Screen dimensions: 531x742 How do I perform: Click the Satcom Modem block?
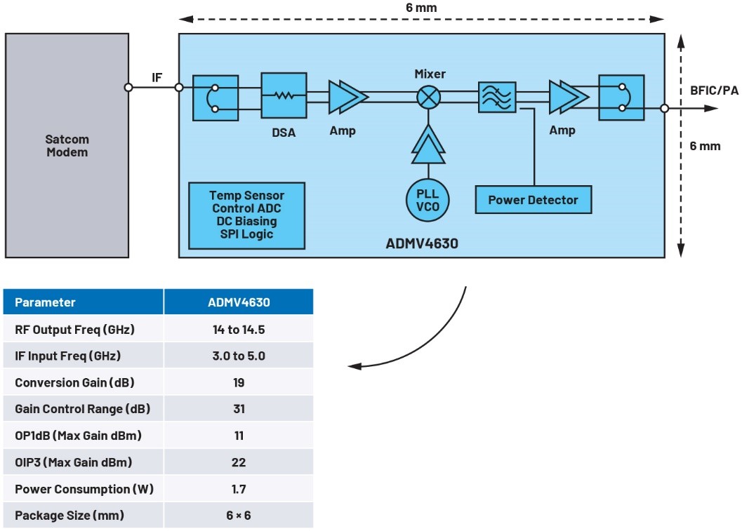click(x=67, y=145)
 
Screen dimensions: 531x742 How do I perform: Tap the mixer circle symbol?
click(x=428, y=97)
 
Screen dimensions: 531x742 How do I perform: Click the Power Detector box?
click(x=533, y=200)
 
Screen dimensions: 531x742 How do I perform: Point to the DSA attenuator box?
click(x=284, y=94)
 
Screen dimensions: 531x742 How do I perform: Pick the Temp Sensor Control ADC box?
click(x=246, y=214)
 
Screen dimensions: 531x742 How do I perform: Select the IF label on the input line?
click(x=157, y=77)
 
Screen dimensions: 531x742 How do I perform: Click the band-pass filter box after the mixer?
click(x=498, y=95)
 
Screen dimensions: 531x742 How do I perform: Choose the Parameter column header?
click(x=45, y=302)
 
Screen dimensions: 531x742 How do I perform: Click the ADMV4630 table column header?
click(x=239, y=302)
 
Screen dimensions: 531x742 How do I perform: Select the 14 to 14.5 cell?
click(x=239, y=330)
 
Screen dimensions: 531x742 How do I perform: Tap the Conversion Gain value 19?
click(x=239, y=382)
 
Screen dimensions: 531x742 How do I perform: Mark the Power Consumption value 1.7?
click(x=239, y=489)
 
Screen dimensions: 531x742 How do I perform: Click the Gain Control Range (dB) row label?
click(x=82, y=409)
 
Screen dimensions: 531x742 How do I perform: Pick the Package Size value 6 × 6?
click(x=239, y=516)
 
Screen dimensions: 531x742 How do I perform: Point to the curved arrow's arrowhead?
click(x=355, y=366)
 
